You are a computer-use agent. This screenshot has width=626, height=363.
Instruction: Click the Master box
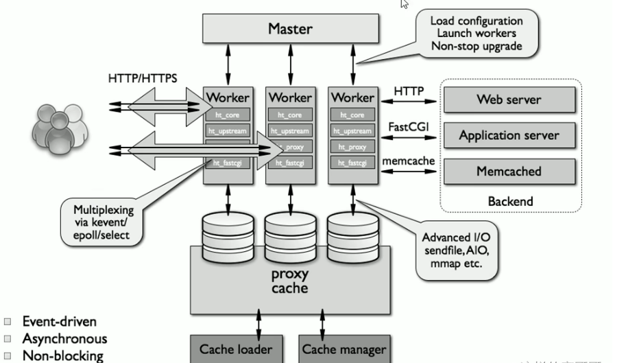tap(290, 29)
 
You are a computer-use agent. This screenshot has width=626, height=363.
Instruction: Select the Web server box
tap(509, 99)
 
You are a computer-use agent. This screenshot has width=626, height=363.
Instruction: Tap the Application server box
tap(509, 135)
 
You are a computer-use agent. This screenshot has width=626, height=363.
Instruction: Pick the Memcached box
tap(509, 171)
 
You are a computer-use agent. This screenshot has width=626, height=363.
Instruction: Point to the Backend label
tap(510, 201)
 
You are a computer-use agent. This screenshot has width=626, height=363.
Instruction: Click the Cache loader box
tap(235, 349)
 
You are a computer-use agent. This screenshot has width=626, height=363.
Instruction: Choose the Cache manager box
tap(344, 349)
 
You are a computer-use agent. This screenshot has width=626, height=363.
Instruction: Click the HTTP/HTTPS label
tap(143, 78)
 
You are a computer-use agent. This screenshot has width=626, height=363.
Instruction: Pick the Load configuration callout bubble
tap(477, 34)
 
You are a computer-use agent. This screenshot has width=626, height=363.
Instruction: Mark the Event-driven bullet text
tap(59, 321)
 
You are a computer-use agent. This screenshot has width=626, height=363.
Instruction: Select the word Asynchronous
tap(64, 338)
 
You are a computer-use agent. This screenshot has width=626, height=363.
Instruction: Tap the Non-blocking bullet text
tap(62, 355)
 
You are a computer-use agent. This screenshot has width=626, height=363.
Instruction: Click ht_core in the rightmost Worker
tap(352, 115)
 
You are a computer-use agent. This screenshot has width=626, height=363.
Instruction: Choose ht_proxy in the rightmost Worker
tap(352, 146)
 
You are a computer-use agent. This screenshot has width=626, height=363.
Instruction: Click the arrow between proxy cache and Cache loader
tap(258, 321)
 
